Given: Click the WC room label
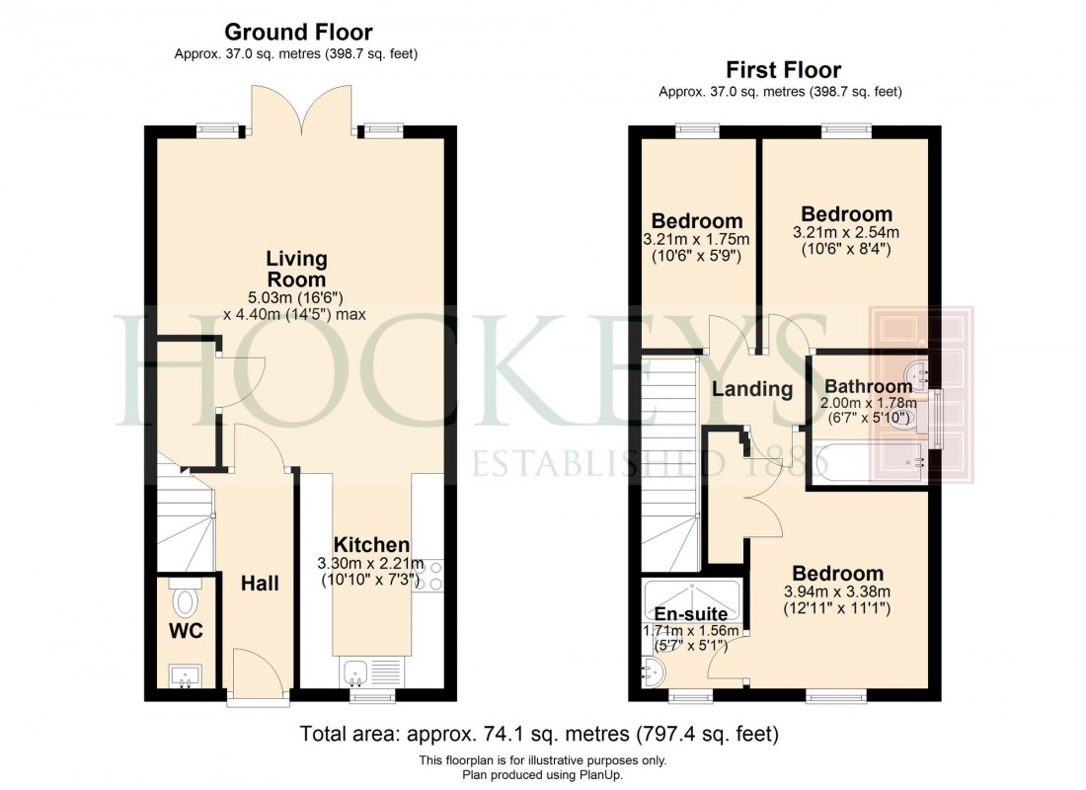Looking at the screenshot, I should point(185,630).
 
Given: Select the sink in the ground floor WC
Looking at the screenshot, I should point(185,677).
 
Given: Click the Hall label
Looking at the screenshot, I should point(260,584).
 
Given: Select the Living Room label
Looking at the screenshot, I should point(296,270).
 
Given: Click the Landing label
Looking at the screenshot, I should point(753,389).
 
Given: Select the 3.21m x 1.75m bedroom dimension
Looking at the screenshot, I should point(697,239).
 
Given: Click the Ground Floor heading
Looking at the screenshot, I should point(298,33).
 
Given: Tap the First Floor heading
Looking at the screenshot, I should point(783,70).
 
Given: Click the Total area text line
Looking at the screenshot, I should point(542,734).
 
